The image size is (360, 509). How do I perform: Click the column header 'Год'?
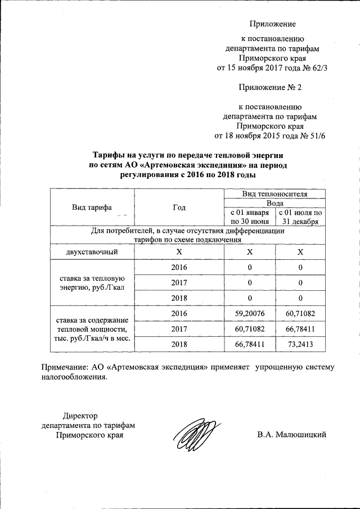[179, 208]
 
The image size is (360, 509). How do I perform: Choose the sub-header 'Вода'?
[274, 202]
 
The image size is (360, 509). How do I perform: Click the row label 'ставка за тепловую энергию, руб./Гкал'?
[92, 283]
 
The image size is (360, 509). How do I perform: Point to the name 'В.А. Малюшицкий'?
[291, 435]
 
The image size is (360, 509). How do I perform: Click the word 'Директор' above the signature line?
[80, 416]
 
